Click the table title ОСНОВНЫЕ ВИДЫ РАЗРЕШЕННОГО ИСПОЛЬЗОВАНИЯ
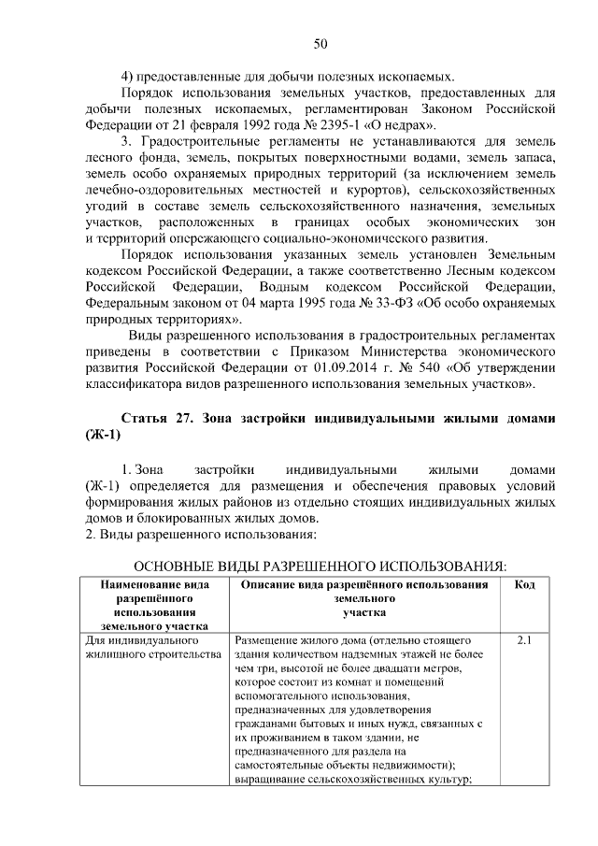click(320, 567)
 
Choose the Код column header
click(524, 583)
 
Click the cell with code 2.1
click(524, 641)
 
